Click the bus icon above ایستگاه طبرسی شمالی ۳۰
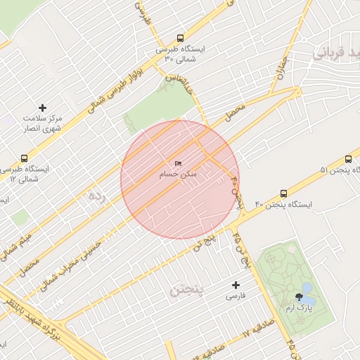pos(181,39)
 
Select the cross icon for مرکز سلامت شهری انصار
pos(43,108)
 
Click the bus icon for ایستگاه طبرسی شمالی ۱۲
pos(25,158)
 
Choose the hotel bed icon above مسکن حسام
pos(178,163)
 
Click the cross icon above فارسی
pos(236,285)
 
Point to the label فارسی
pos(236,297)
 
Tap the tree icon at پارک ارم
pos(300,297)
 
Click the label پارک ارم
pos(300,308)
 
